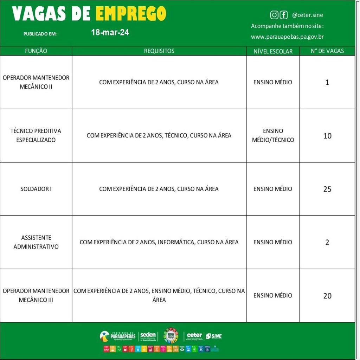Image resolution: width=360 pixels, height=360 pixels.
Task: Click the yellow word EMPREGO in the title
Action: point(131,14)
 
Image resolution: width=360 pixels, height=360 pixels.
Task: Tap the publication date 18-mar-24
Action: point(110,33)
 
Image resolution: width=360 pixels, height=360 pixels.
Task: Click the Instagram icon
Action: point(274,15)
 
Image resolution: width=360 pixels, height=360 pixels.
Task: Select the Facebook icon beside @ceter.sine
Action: point(283,15)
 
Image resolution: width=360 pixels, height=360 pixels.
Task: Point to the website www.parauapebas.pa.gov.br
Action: point(287,37)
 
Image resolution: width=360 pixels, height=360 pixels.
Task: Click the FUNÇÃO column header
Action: point(36,51)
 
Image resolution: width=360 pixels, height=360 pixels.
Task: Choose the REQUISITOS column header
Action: point(159,51)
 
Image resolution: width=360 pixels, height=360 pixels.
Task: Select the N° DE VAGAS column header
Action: point(327,51)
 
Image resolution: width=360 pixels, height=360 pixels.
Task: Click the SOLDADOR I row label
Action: point(36,189)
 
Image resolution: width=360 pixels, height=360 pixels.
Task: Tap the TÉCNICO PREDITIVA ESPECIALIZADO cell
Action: point(36,135)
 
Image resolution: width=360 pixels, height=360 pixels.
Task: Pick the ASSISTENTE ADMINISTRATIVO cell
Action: point(36,242)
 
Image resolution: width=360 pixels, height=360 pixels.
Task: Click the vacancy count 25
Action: point(327,189)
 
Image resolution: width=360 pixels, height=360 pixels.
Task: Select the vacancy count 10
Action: point(327,136)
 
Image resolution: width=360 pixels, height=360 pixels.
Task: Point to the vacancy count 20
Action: point(327,296)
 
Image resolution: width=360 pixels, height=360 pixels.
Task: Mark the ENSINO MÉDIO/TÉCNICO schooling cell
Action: point(273,135)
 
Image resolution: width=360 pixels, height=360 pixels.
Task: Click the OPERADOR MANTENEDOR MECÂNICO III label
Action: point(36,296)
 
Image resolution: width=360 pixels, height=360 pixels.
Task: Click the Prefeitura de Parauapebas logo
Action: point(117,336)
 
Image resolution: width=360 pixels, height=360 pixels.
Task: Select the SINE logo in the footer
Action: point(214,336)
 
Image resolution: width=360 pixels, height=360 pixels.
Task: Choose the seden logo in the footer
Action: point(148,336)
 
